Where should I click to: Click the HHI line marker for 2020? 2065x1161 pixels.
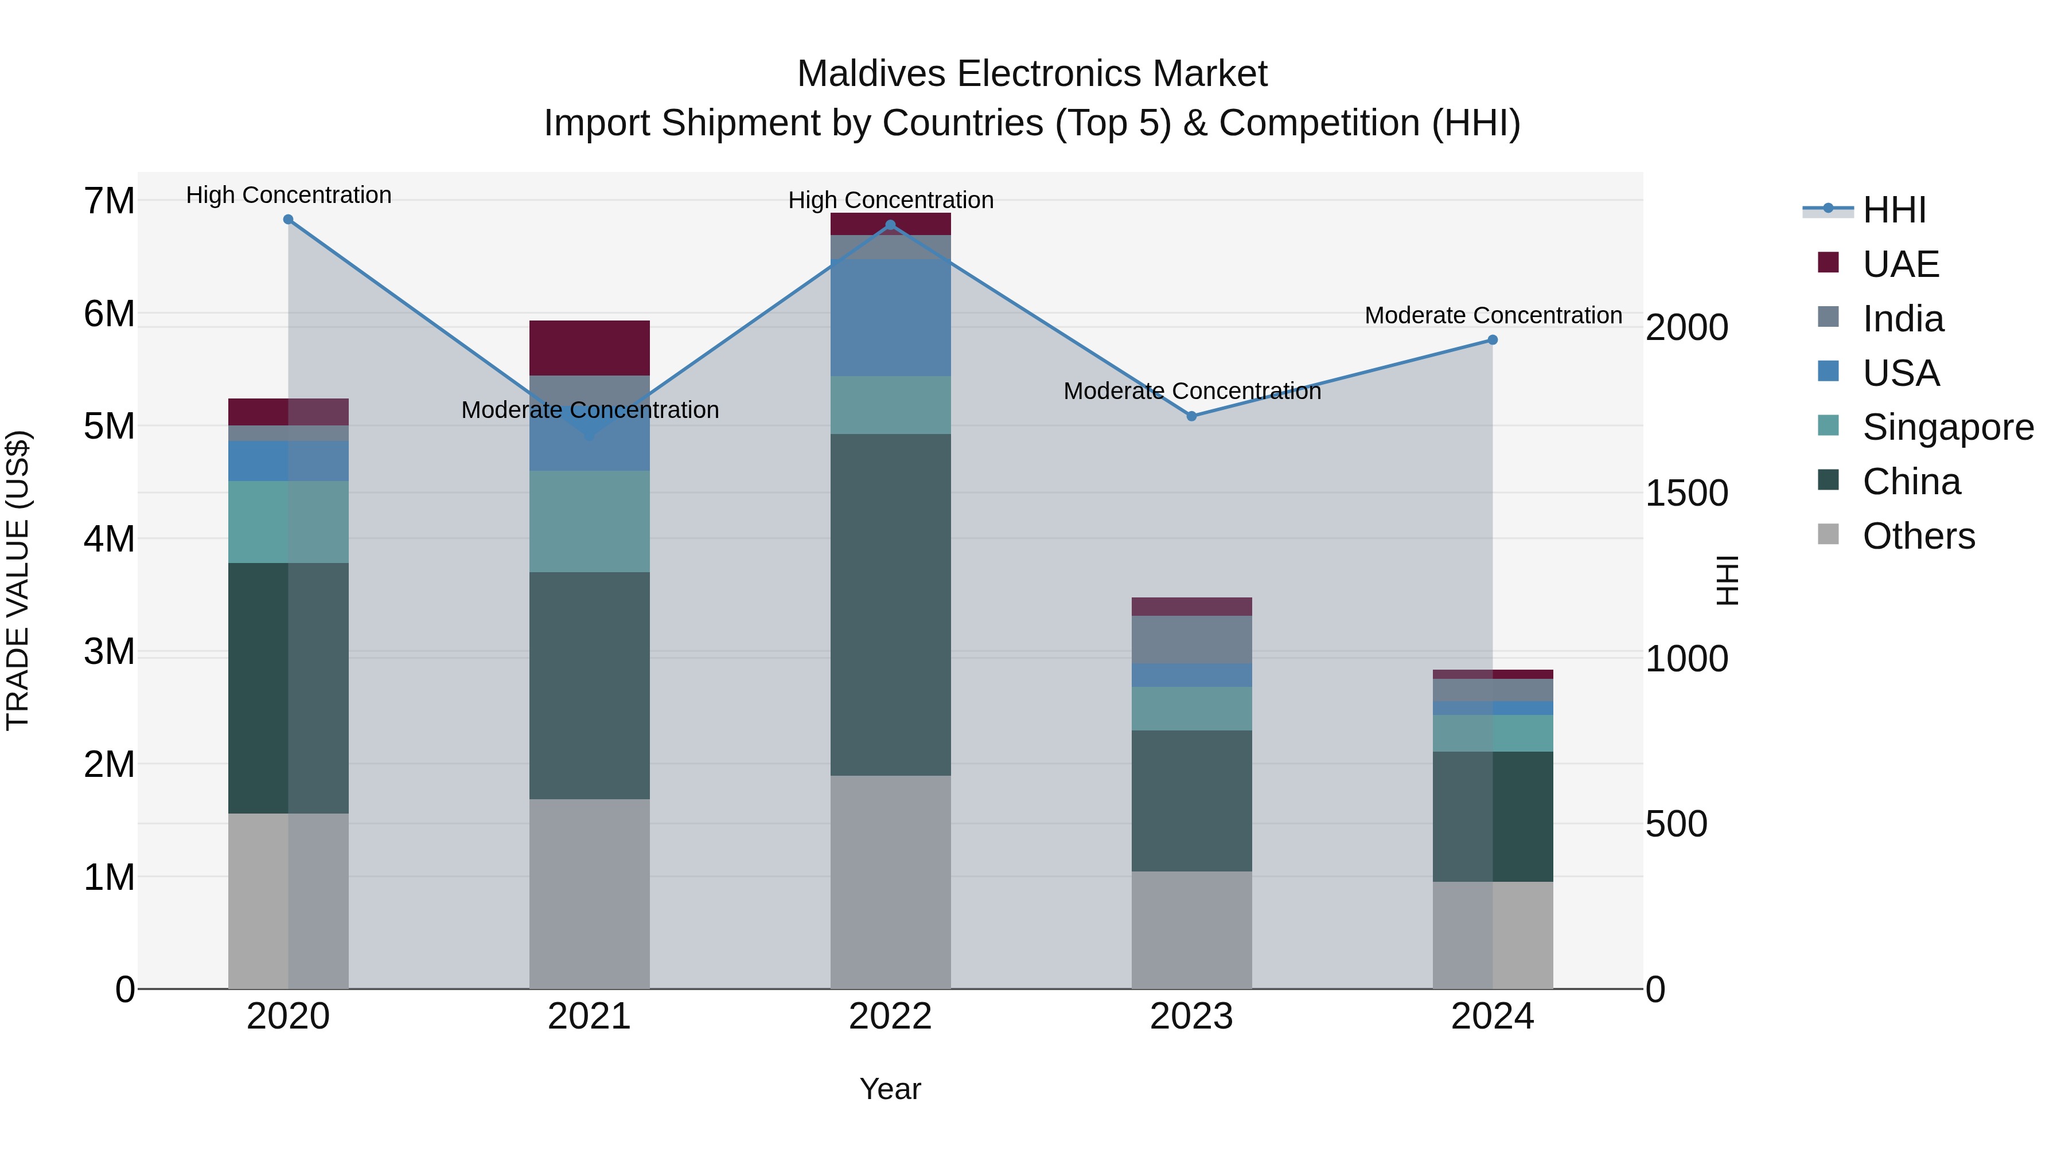288,220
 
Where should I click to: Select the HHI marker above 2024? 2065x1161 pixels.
1493,340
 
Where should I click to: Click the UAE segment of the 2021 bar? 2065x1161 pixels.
589,348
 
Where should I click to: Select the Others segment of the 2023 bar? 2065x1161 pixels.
1191,929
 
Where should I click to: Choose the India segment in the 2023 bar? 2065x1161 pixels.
1191,639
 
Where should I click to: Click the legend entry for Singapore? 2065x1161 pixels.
1947,427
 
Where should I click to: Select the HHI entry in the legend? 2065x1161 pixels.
1893,210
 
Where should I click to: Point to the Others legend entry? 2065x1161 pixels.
1918,536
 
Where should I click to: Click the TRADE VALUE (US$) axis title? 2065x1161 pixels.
18,580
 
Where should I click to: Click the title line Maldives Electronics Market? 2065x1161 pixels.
1032,74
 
